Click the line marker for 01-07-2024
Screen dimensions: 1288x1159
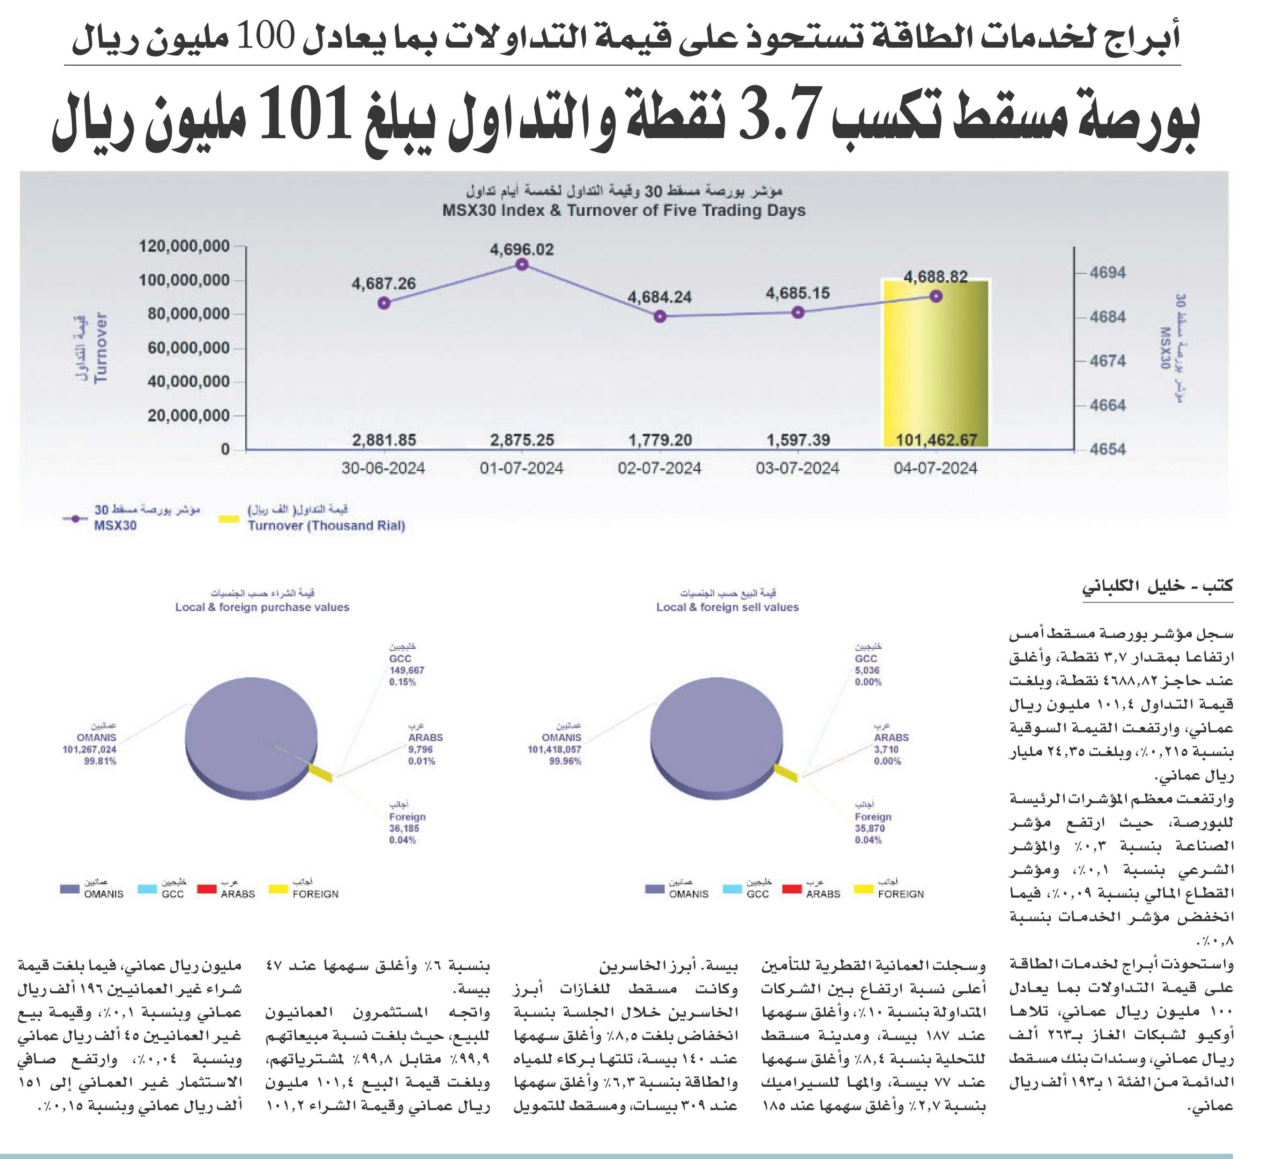(521, 264)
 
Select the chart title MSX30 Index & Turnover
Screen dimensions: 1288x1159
(624, 210)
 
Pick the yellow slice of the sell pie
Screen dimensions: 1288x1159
(784, 773)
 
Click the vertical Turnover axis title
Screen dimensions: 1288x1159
(100, 348)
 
